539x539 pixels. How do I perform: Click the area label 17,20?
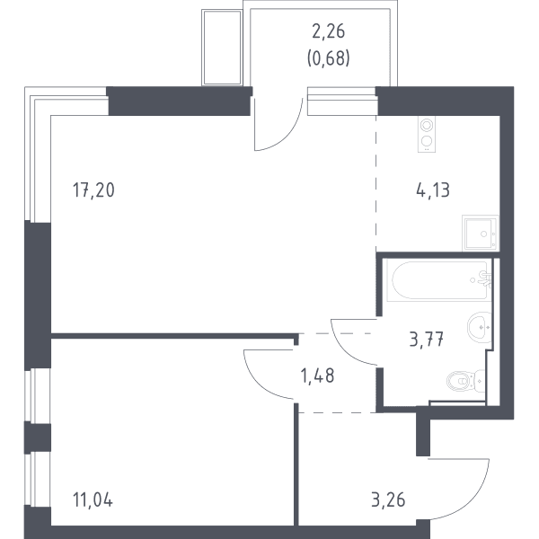tap(93, 190)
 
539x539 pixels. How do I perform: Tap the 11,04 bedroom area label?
tap(93, 499)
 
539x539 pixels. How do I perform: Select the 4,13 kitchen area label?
tap(433, 190)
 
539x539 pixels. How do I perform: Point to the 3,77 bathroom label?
tap(427, 340)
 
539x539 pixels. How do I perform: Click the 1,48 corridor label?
tap(317, 376)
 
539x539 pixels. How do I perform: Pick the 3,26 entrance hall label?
tap(388, 499)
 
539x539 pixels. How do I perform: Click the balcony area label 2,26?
tap(328, 31)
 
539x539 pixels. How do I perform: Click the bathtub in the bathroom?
tap(439, 280)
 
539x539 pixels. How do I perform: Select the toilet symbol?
tap(465, 381)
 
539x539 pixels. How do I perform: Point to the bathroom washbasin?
tap(479, 327)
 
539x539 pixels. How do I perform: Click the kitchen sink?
tap(480, 233)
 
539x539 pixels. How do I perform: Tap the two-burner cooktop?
tap(427, 134)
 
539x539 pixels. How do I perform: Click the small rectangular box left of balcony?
tap(222, 48)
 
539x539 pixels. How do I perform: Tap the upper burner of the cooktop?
tap(427, 126)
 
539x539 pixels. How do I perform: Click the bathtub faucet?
tap(484, 279)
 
